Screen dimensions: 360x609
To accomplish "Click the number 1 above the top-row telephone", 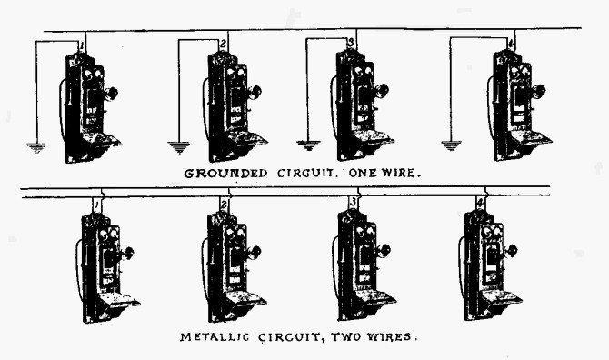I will (82, 45).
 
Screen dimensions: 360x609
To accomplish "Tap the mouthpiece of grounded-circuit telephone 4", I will (540, 91).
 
